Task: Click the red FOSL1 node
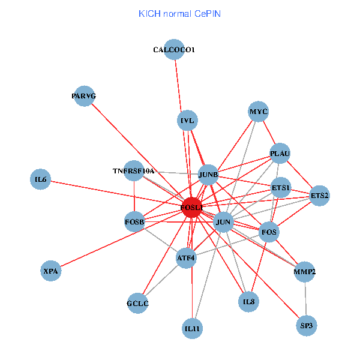point(192,208)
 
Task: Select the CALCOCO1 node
point(173,50)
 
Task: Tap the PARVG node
point(84,96)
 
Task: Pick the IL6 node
point(41,179)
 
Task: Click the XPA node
point(50,271)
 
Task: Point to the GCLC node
point(137,303)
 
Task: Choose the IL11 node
point(192,328)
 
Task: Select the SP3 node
point(306,326)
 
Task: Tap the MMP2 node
point(305,272)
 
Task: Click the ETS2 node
point(319,196)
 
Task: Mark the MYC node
point(259,111)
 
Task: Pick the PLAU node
point(280,154)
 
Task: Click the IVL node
point(188,121)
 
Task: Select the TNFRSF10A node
point(134,170)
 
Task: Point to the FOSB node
point(134,222)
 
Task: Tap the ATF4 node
point(186,258)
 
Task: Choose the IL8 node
point(249,301)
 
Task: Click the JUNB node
point(208,175)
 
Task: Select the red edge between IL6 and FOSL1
point(114,193)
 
